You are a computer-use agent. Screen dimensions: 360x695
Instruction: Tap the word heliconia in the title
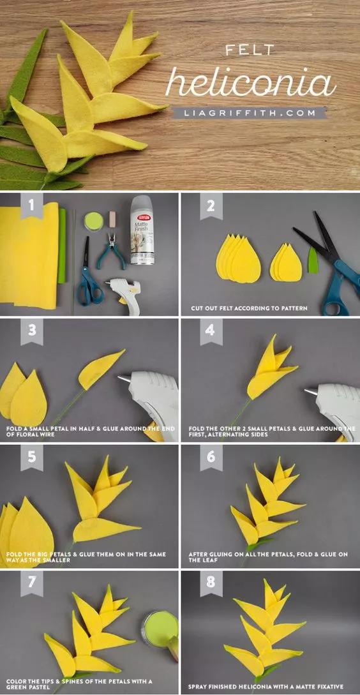pyautogui.click(x=250, y=82)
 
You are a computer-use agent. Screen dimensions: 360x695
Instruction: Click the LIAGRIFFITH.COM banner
pyautogui.click(x=249, y=112)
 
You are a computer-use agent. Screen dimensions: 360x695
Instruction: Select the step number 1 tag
pyautogui.click(x=31, y=206)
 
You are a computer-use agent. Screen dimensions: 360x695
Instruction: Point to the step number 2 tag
pyautogui.click(x=211, y=206)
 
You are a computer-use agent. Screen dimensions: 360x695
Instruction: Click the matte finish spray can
pyautogui.click(x=142, y=230)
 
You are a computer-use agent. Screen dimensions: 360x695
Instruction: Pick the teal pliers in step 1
pyautogui.click(x=111, y=251)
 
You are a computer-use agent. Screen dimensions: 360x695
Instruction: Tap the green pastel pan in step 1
pyautogui.click(x=94, y=220)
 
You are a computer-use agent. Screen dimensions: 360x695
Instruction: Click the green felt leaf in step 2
pyautogui.click(x=313, y=260)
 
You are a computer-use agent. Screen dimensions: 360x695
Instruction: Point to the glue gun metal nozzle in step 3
pyautogui.click(x=123, y=378)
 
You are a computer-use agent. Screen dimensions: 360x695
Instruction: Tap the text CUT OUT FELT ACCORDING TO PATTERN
pyautogui.click(x=249, y=308)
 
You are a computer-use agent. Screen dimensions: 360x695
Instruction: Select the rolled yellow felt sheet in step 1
pyautogui.click(x=29, y=256)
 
